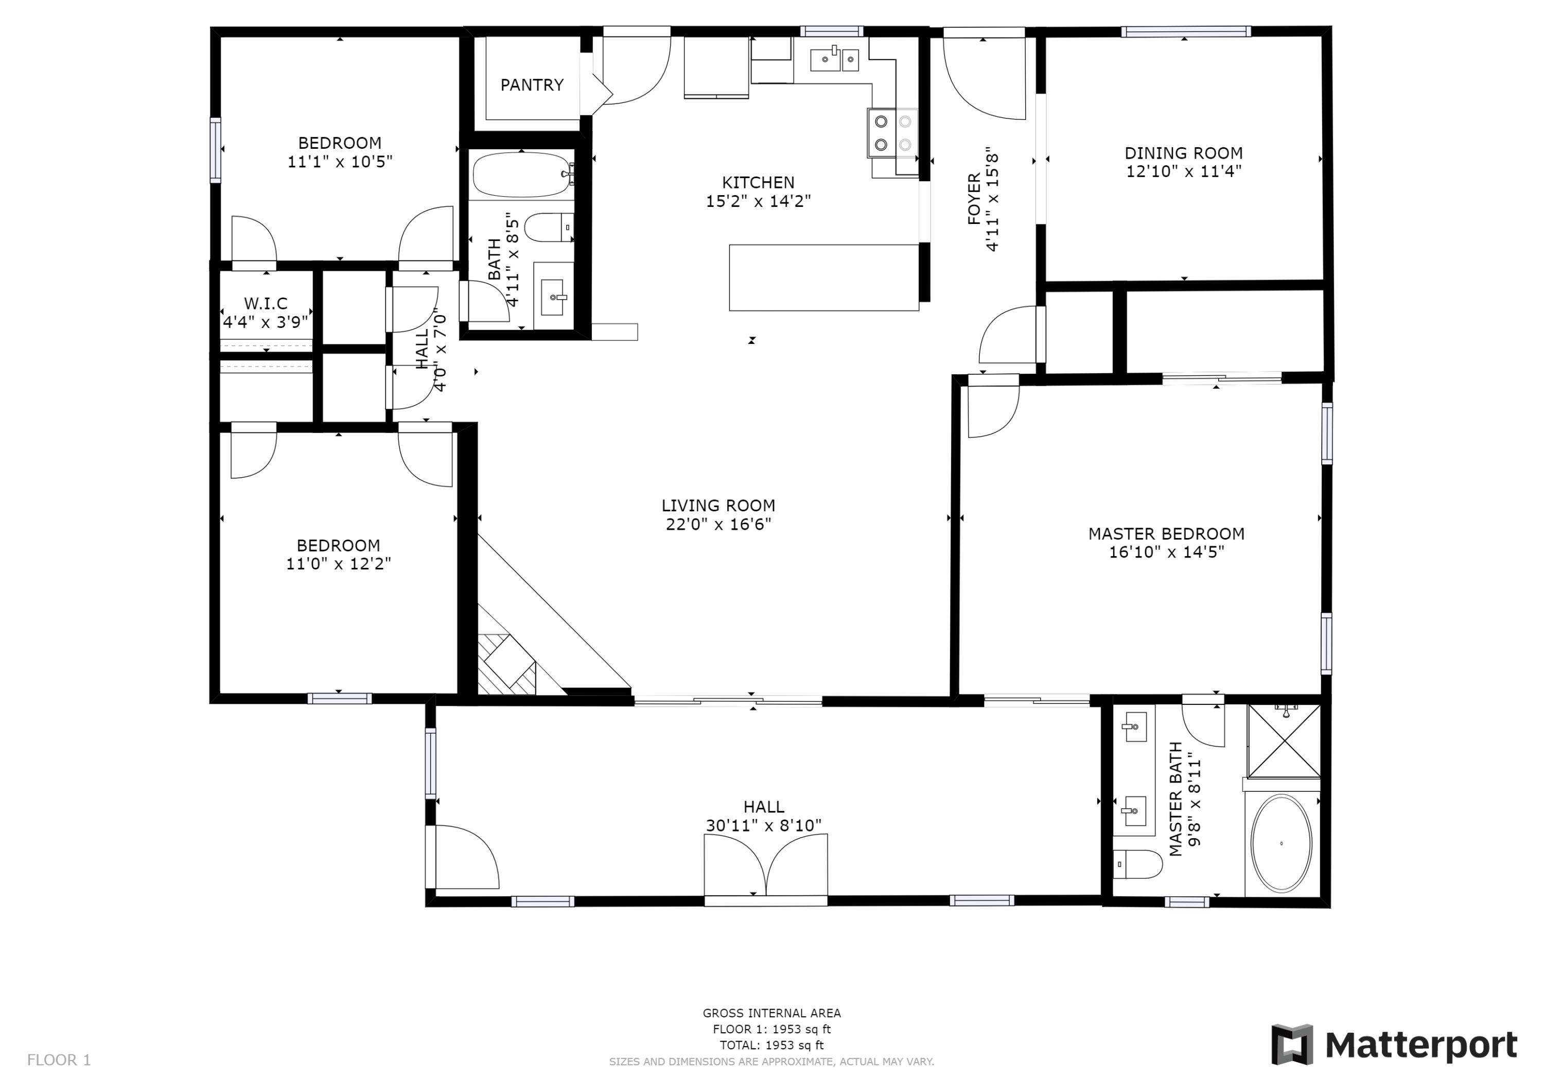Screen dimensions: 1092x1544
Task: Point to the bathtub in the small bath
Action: pyautogui.click(x=521, y=174)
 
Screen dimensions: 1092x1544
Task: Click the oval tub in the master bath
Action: pyautogui.click(x=1281, y=844)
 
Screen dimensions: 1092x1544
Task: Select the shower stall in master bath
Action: pyautogui.click(x=1284, y=741)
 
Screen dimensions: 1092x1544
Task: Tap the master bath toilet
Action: pyautogui.click(x=1138, y=864)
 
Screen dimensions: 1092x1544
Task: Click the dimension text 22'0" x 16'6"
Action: pyautogui.click(x=717, y=524)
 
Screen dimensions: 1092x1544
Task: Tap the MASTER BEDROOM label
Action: pyautogui.click(x=1166, y=533)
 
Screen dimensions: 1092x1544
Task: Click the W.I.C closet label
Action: pyautogui.click(x=266, y=303)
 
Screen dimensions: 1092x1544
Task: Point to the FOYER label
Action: pyautogui.click(x=974, y=199)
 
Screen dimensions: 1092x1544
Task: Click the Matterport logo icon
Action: pyautogui.click(x=1291, y=1045)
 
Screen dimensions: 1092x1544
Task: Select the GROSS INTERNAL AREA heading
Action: pyautogui.click(x=771, y=1013)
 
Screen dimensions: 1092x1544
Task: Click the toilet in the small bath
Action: pyautogui.click(x=548, y=228)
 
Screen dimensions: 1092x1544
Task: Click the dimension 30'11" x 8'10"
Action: pyautogui.click(x=763, y=825)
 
